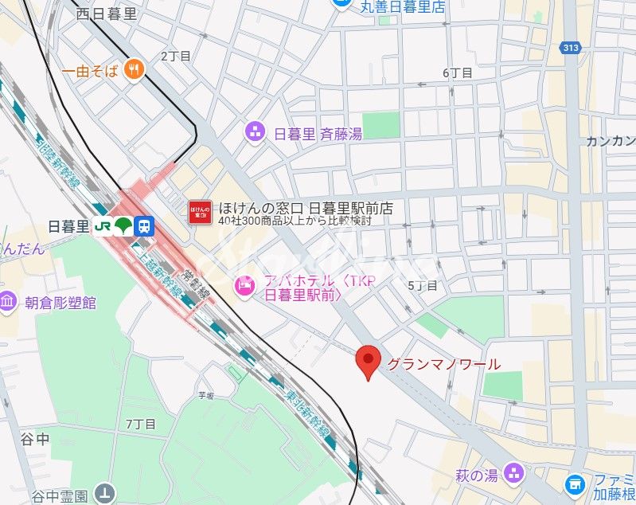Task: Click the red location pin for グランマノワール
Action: (367, 362)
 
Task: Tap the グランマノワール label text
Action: (443, 365)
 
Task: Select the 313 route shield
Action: (571, 48)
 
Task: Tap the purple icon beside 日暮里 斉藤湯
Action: (255, 131)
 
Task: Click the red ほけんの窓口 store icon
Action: (199, 212)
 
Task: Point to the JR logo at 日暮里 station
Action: (103, 226)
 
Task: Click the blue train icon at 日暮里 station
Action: (144, 226)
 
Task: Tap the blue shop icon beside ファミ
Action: (575, 483)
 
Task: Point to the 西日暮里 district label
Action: (107, 14)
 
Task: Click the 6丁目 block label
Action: (458, 72)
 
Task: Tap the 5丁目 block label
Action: (423, 285)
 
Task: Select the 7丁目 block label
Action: (141, 423)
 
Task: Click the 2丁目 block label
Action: (176, 56)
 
